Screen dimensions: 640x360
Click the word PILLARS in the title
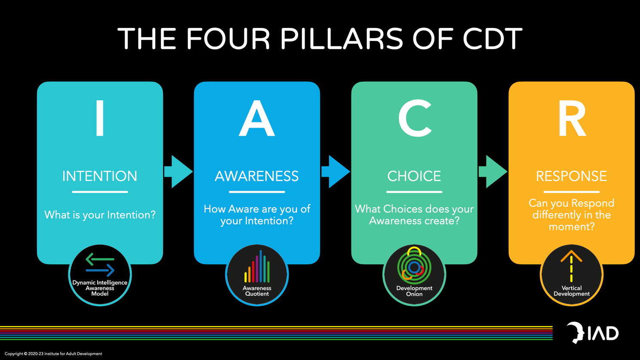[x=342, y=39]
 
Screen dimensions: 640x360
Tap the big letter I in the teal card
[x=100, y=118]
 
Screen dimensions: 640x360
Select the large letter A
[x=257, y=118]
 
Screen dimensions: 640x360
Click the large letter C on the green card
[x=415, y=118]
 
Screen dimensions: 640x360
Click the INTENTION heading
[x=100, y=176]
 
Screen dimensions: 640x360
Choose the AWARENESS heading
[x=257, y=176]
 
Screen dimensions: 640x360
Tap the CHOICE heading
[x=414, y=176]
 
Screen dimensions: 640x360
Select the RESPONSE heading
[x=572, y=176]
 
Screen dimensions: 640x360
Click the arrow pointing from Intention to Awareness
[x=178, y=172]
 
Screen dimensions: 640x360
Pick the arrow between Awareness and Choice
[x=336, y=172]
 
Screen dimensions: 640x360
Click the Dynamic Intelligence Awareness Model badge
[x=100, y=275]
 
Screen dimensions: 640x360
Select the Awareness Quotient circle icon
[x=257, y=275]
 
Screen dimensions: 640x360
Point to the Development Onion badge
[x=414, y=275]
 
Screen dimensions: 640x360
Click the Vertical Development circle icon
[x=572, y=275]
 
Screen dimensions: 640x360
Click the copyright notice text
[x=53, y=354]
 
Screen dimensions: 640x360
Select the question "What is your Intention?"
[x=100, y=215]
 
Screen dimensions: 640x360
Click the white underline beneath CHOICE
[x=414, y=192]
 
